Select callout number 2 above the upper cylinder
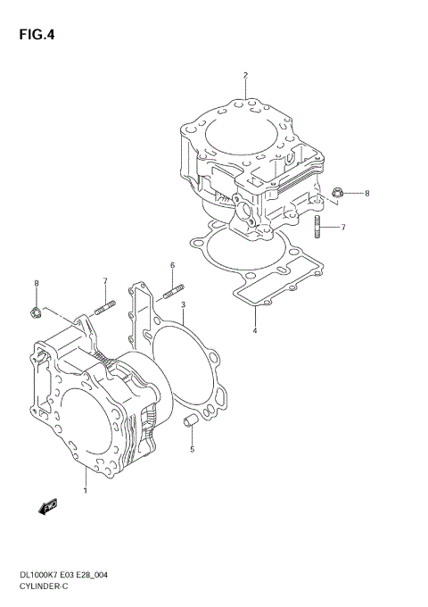245,75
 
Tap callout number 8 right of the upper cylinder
366,193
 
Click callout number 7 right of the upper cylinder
343,228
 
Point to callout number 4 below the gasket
254,331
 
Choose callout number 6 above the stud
173,265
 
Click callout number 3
183,305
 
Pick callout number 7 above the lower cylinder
104,282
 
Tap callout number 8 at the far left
36,284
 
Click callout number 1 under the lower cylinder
85,490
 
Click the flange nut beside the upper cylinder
336,193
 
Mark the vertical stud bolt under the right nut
317,228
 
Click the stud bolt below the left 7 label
104,309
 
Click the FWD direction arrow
48,507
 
